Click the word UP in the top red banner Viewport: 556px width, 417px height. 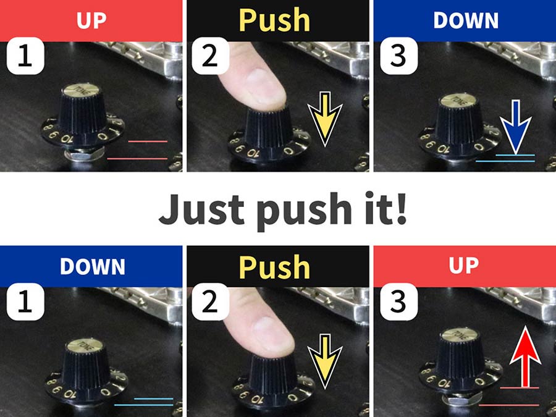coord(91,20)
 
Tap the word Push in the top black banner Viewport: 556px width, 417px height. coord(275,20)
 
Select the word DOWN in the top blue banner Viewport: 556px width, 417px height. coord(466,20)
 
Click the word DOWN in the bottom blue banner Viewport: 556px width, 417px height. coord(93,266)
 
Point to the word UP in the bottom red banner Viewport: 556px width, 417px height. coord(464,265)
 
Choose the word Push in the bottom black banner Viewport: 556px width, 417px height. coord(275,267)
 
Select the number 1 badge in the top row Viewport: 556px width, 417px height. coord(25,56)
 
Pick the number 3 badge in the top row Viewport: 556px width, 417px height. coord(398,56)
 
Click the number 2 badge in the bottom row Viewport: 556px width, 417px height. coord(210,301)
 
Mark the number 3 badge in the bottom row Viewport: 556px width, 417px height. coord(398,301)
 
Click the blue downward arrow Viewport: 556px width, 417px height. coord(516,127)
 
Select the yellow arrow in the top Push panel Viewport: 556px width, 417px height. coord(325,119)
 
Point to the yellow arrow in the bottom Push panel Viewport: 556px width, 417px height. coord(325,361)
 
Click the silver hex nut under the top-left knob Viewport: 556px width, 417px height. coord(85,155)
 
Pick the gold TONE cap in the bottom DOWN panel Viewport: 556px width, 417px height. coord(85,345)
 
